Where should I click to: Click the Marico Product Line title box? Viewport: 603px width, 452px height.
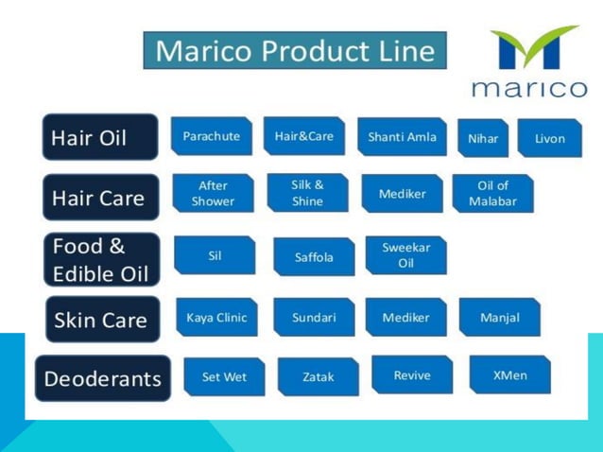[x=294, y=50]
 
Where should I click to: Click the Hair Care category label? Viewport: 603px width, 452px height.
[x=99, y=198]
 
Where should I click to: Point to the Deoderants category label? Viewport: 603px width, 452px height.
[x=103, y=378]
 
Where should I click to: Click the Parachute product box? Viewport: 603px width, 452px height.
[x=212, y=136]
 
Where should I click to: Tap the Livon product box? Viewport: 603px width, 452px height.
[x=550, y=138]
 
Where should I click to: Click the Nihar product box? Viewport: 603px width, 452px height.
[x=483, y=138]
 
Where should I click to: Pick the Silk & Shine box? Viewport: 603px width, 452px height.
[x=307, y=193]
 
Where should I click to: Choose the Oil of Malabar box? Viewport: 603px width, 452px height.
[x=492, y=193]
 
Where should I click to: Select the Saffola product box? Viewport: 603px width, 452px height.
[x=314, y=256]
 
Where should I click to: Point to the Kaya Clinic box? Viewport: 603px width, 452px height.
[x=216, y=318]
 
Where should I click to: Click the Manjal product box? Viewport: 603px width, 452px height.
[x=499, y=318]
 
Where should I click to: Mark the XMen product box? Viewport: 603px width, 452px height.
[x=510, y=375]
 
